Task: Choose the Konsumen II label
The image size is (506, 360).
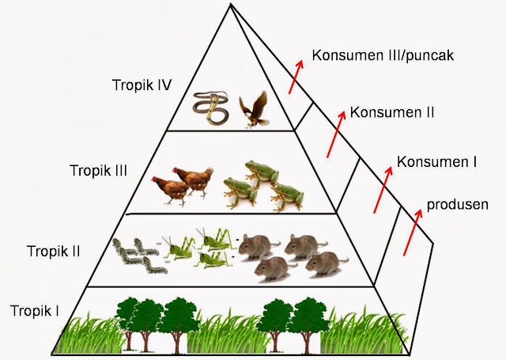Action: click(x=392, y=112)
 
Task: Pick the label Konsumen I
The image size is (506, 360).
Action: click(x=436, y=162)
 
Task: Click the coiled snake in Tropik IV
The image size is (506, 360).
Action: click(x=211, y=108)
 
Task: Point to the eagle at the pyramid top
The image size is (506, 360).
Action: click(x=254, y=108)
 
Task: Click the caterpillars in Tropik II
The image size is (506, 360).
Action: click(x=135, y=254)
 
